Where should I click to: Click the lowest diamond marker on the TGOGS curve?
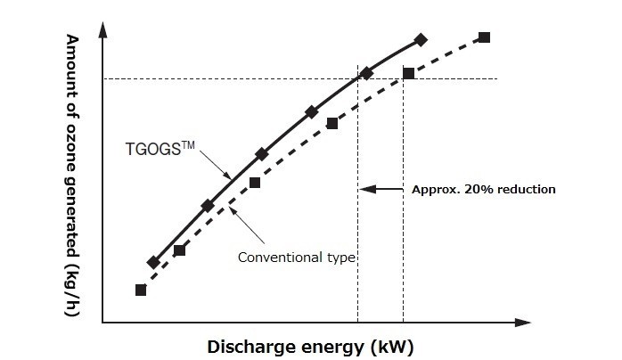click(153, 262)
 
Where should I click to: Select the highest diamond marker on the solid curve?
click(421, 39)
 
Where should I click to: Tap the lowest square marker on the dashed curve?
click(140, 290)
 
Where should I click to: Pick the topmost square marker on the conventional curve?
click(484, 37)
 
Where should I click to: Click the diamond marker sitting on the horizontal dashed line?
click(366, 73)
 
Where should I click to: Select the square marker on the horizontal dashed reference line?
click(408, 73)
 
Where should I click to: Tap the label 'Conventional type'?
click(297, 258)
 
